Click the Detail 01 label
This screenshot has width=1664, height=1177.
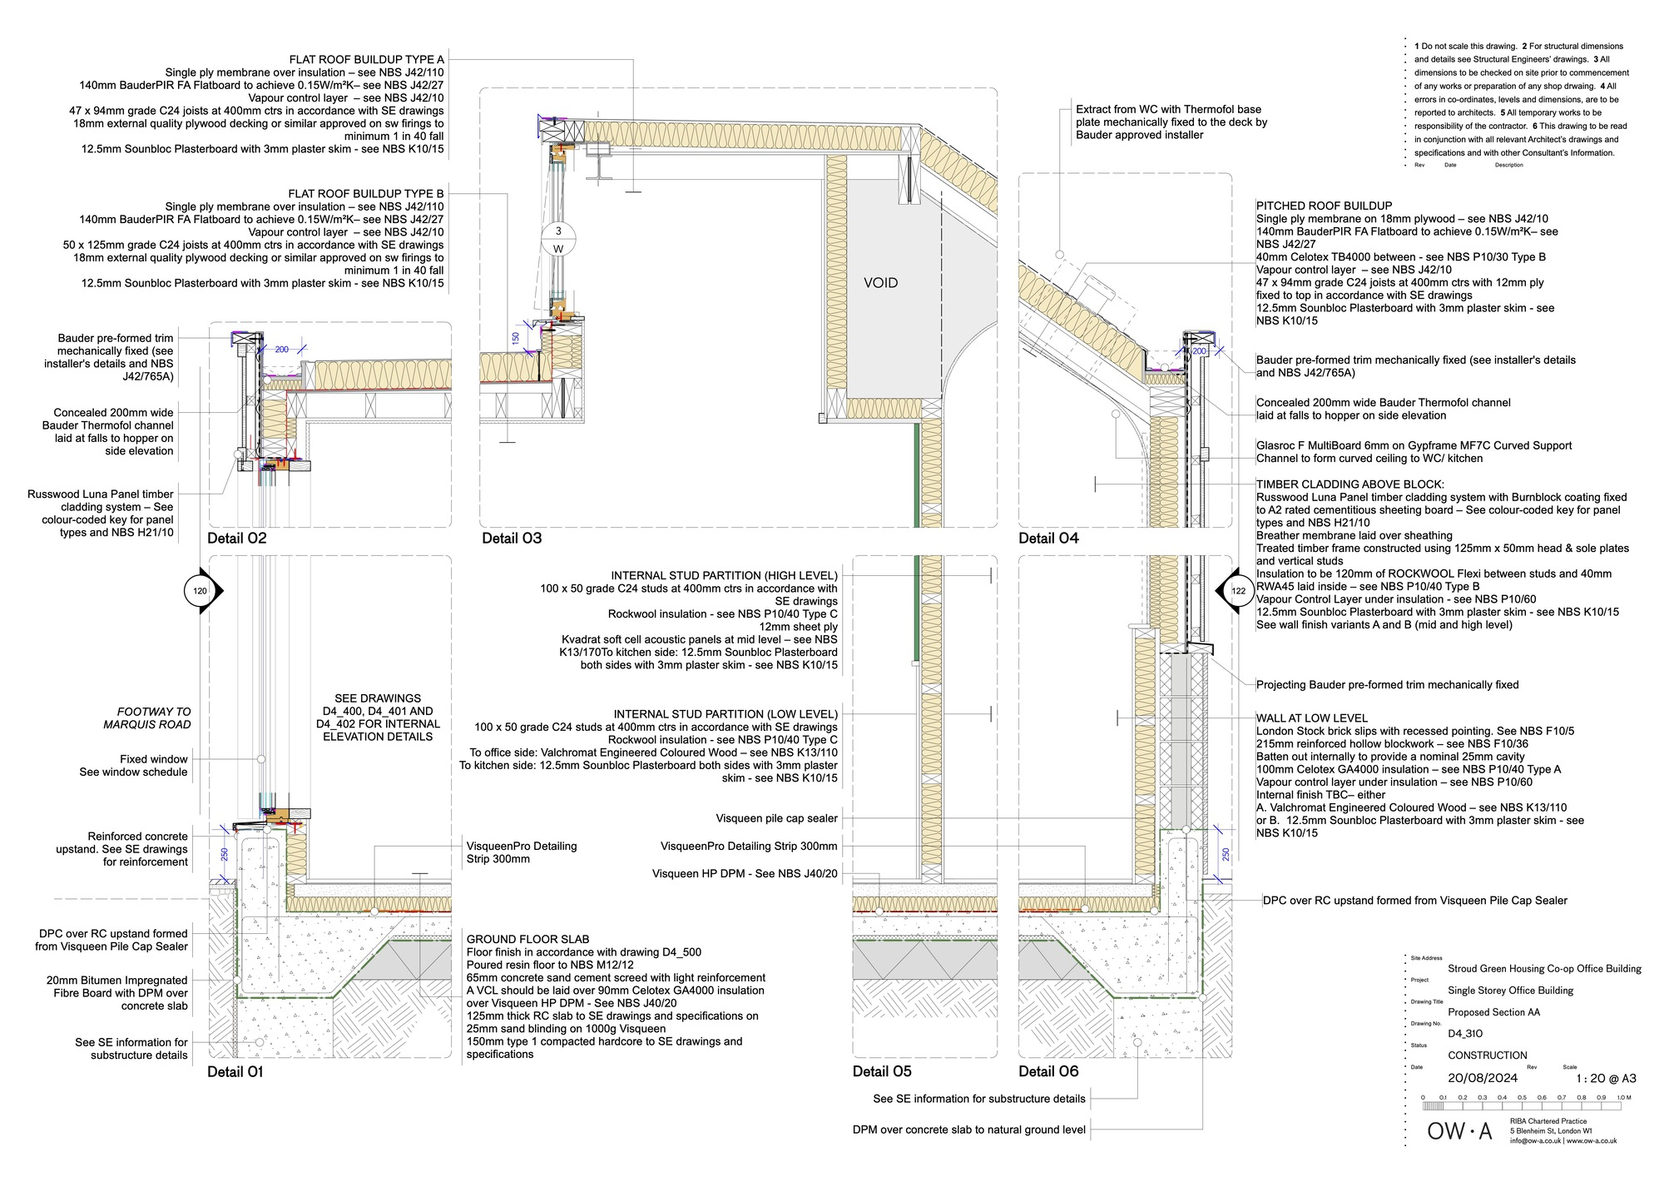(235, 1071)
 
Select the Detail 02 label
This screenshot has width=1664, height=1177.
(237, 538)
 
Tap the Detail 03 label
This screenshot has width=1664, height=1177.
(512, 538)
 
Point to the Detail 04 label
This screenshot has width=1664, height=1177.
(1048, 538)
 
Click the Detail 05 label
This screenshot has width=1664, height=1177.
(882, 1071)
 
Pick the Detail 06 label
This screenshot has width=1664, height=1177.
(1048, 1071)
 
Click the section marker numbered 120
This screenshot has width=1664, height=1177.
(202, 591)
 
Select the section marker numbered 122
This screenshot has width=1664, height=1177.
(1236, 591)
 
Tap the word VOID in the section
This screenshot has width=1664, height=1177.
(880, 283)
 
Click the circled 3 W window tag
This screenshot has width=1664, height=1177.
(558, 240)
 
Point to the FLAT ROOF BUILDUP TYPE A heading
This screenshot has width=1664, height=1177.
(366, 59)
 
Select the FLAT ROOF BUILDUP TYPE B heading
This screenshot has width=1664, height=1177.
(366, 193)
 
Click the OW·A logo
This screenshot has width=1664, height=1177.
(1459, 1131)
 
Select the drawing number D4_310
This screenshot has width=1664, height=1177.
(1465, 1034)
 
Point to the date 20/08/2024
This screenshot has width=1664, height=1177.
(1483, 1078)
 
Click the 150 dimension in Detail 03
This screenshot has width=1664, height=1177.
(516, 339)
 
